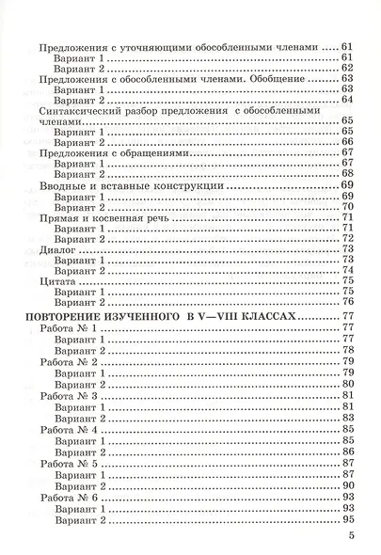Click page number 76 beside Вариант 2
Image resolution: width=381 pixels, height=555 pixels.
coord(348,304)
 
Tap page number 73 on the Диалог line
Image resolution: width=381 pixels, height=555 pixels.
coord(348,251)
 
